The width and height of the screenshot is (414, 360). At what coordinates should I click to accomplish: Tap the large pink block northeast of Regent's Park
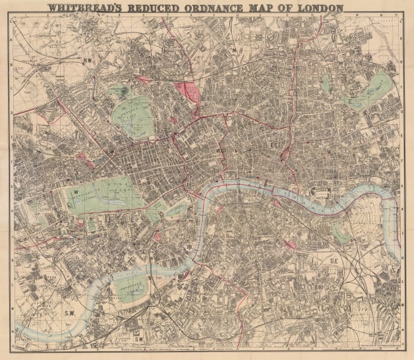pos(188,90)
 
